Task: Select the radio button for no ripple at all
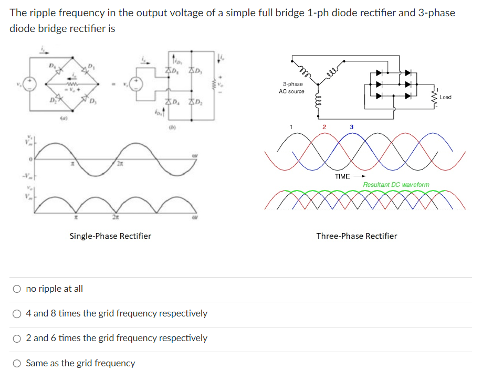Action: pos(18,289)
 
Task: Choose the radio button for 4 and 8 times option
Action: pos(18,313)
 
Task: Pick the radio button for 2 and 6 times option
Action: pos(18,338)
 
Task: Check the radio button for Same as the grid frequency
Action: pos(18,363)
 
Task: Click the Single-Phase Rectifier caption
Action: pos(110,236)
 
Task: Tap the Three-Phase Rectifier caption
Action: pos(357,236)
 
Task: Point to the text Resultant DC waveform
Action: pos(396,185)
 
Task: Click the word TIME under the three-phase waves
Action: pos(342,176)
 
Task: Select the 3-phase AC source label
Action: pos(292,88)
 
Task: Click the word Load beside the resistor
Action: pos(445,98)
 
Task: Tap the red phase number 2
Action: pos(324,126)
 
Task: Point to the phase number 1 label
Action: pos(289,126)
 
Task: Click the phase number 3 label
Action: pos(352,126)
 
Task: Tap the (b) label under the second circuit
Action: pos(172,126)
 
